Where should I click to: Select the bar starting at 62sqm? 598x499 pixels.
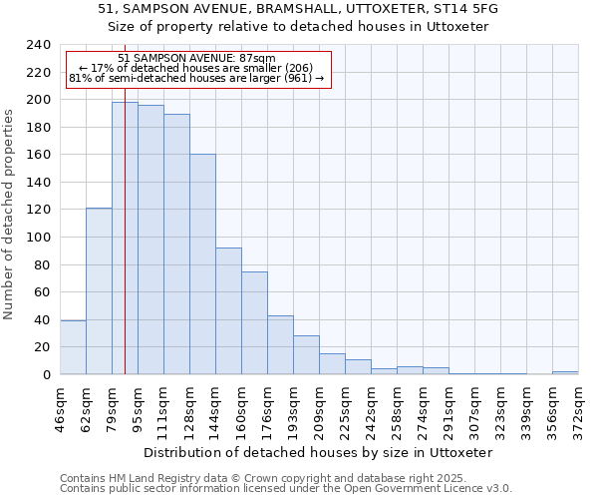(99, 290)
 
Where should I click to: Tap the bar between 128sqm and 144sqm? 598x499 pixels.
(202, 263)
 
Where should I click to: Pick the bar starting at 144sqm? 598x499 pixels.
(228, 310)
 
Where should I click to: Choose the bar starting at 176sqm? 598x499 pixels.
(280, 344)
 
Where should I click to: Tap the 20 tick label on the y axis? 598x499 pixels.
(42, 347)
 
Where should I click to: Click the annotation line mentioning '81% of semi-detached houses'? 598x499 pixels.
(196, 78)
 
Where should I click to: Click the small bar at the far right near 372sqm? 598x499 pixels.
(565, 372)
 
